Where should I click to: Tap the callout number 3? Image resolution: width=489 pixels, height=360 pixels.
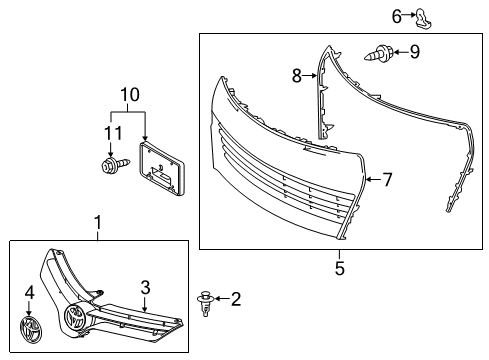(146, 287)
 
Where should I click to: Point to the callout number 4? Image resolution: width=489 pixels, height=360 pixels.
(28, 293)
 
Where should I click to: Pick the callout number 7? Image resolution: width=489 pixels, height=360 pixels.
(388, 180)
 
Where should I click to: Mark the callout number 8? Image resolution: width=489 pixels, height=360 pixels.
(296, 74)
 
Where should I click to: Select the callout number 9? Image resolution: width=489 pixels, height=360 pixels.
(415, 50)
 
